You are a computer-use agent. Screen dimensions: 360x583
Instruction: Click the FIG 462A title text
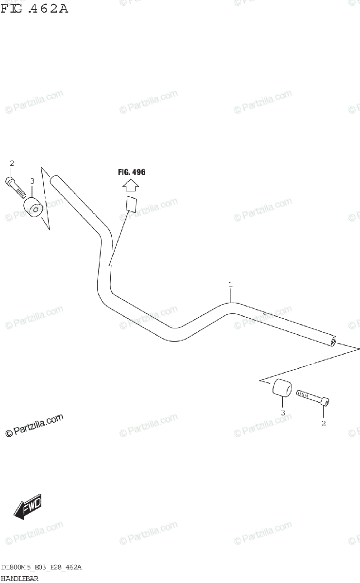tap(34, 8)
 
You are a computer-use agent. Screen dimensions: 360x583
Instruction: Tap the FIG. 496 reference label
tap(132, 172)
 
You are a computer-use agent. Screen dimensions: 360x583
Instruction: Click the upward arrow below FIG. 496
tap(131, 186)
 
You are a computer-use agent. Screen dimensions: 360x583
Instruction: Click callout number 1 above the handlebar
tap(231, 284)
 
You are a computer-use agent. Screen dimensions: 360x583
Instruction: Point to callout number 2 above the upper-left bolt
tap(12, 163)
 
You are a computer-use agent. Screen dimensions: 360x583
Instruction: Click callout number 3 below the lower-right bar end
tap(283, 413)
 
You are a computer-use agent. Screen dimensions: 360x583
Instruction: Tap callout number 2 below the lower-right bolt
tap(324, 423)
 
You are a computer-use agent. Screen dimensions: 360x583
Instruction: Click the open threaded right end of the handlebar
tap(332, 341)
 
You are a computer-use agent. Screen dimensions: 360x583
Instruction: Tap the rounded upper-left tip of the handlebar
tap(54, 180)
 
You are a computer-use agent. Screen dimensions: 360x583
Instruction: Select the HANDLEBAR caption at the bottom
tap(19, 578)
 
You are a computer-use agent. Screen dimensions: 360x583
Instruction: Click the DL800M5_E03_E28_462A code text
tap(41, 567)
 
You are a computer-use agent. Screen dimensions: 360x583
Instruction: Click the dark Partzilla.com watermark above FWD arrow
tap(34, 425)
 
